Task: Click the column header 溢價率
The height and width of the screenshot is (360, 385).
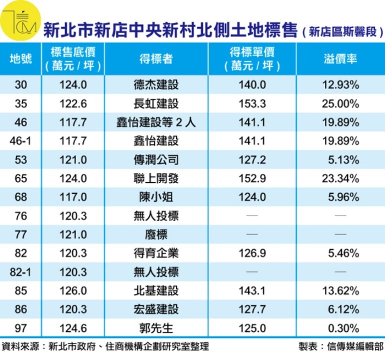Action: (340, 59)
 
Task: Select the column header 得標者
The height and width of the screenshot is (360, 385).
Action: (156, 59)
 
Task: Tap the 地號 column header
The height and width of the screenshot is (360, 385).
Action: (21, 59)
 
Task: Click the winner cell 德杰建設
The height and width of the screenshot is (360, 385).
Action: (156, 85)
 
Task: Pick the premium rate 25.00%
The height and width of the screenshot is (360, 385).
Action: (340, 104)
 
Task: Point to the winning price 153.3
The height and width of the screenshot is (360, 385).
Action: (253, 104)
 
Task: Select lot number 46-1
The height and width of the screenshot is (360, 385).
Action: (21, 141)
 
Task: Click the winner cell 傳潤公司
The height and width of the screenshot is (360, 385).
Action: (156, 160)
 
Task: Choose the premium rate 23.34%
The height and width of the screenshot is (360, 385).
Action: (340, 178)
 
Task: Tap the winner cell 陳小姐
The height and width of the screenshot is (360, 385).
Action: (156, 197)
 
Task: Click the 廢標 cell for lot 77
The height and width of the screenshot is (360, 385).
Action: (156, 235)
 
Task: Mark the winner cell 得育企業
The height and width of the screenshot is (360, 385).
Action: (156, 253)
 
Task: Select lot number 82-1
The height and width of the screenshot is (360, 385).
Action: (21, 272)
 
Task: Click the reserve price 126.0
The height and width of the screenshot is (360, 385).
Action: (73, 291)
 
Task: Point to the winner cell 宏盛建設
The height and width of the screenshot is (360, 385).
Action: (156, 309)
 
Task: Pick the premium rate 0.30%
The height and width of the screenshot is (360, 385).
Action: (340, 328)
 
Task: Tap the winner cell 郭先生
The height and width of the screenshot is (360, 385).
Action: (156, 328)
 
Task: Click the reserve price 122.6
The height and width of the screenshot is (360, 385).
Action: (73, 104)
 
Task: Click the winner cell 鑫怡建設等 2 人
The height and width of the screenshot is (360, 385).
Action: (156, 123)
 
